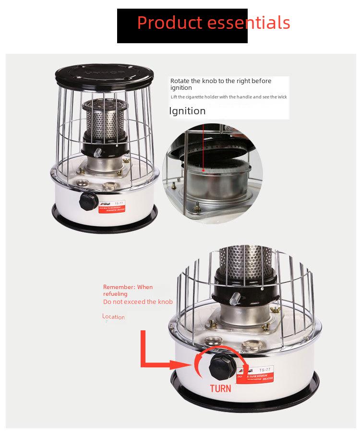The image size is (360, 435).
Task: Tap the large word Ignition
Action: coord(187,111)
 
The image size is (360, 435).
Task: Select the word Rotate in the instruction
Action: coord(180,81)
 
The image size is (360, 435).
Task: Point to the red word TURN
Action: coord(220,388)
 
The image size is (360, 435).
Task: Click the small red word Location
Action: coord(113,317)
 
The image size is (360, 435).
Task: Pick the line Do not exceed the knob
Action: coord(138,302)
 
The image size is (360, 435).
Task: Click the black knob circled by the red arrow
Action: coord(222,367)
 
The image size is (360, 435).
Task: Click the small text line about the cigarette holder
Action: coord(228,97)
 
